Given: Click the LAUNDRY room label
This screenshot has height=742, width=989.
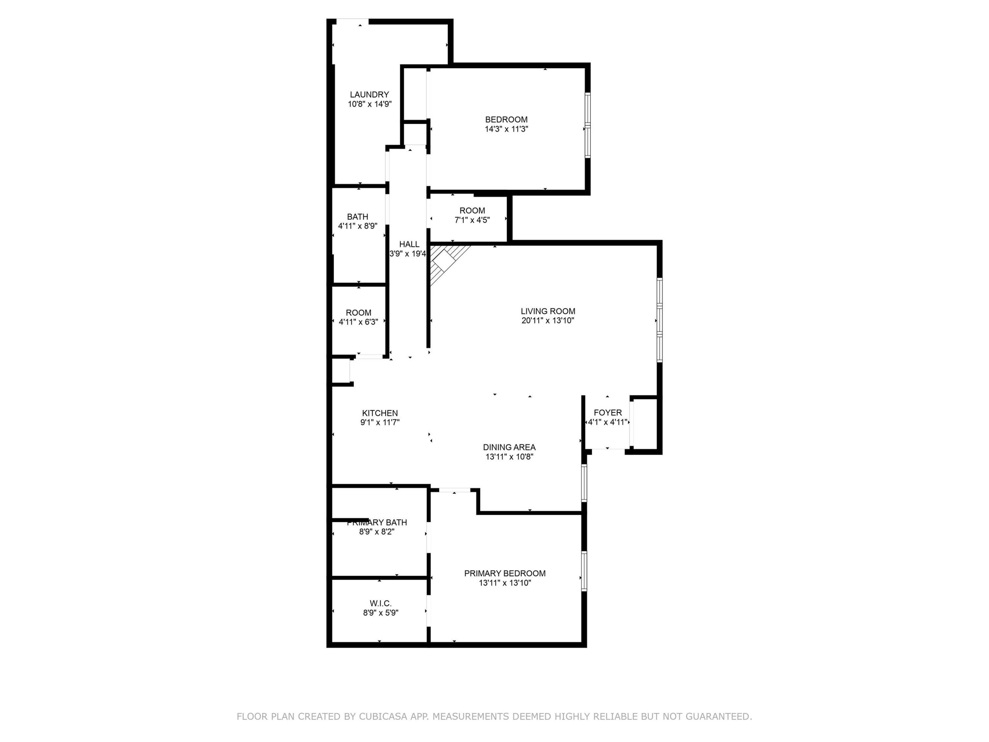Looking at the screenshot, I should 369,94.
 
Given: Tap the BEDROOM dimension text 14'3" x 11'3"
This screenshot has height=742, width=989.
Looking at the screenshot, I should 507,129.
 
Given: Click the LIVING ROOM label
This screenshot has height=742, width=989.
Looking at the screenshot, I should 548,311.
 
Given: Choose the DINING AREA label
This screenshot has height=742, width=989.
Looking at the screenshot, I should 509,447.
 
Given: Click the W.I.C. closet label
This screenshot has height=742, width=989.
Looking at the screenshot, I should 380,604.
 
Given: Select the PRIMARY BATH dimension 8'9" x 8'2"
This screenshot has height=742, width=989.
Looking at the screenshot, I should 377,532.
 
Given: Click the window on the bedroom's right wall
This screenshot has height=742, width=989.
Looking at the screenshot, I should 587,125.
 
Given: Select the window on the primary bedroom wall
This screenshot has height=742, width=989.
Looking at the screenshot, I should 584,571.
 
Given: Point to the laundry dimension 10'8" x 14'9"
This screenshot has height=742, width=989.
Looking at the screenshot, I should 370,104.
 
